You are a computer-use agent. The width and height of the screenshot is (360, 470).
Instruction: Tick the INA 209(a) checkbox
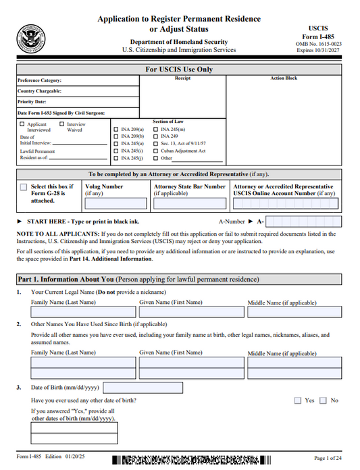(115, 130)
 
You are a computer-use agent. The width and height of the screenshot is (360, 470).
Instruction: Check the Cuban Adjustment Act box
(157, 151)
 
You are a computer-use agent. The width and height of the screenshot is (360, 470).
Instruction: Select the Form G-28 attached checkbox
(24, 187)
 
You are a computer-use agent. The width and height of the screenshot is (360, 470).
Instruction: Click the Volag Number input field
(115, 203)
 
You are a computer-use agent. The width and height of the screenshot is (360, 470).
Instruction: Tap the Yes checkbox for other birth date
(298, 400)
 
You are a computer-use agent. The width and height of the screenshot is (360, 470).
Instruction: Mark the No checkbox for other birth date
(323, 400)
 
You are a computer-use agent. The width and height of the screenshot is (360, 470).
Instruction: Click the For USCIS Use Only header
(180, 70)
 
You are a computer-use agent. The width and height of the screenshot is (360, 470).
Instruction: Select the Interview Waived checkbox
(62, 124)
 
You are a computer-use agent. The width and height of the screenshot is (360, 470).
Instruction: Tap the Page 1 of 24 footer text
(329, 459)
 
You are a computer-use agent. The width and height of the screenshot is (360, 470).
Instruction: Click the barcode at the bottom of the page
(186, 461)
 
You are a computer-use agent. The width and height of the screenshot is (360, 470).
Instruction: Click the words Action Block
(283, 78)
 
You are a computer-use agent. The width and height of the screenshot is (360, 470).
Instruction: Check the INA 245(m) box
(157, 130)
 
